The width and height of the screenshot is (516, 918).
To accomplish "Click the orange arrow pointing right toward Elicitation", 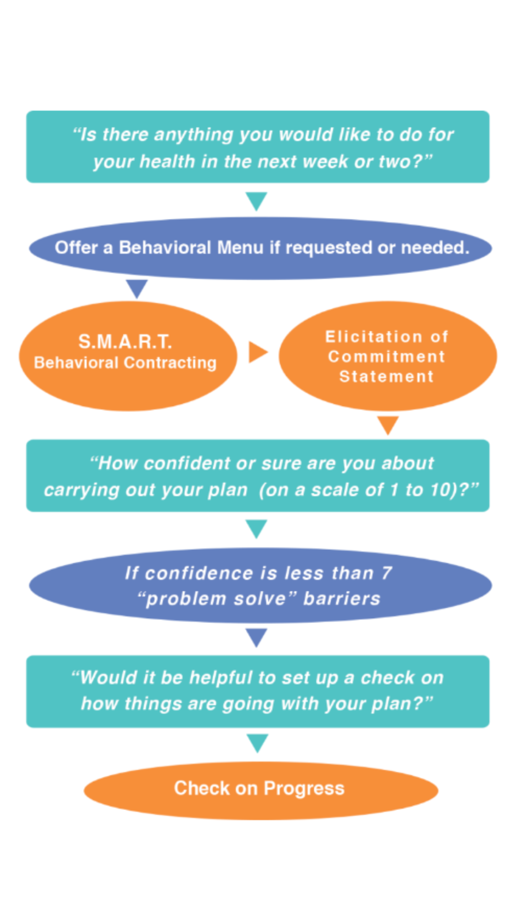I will pyautogui.click(x=258, y=352).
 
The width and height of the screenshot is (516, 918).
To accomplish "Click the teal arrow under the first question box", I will pyautogui.click(x=257, y=200).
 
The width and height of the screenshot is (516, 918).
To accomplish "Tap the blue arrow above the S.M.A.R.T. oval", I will pyautogui.click(x=137, y=288).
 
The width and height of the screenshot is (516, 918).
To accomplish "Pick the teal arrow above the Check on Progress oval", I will pyautogui.click(x=258, y=743).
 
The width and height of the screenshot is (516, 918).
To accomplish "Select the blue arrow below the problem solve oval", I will pyautogui.click(x=257, y=637).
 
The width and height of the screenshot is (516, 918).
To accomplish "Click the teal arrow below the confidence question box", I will pyautogui.click(x=257, y=528).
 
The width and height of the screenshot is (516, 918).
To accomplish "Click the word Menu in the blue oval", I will pyautogui.click(x=240, y=248).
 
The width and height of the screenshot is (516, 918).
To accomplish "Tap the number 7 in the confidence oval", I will pyautogui.click(x=387, y=573).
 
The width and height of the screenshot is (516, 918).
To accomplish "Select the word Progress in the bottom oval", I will pyautogui.click(x=304, y=788).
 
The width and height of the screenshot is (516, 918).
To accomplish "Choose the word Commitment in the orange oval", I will pyautogui.click(x=387, y=357).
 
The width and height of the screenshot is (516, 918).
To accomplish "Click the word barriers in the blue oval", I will pyautogui.click(x=342, y=599).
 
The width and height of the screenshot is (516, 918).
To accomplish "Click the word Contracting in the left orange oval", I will pyautogui.click(x=170, y=363).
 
